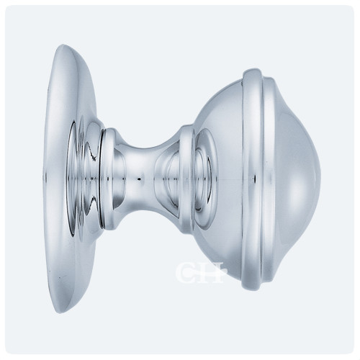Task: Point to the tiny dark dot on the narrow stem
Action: click(x=138, y=175)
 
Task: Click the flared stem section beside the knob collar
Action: click(x=166, y=176)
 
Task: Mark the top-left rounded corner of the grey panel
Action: click(x=9, y=9)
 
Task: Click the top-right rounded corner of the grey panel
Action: click(x=351, y=9)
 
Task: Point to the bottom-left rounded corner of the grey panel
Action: click(x=9, y=351)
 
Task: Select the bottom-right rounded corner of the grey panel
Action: click(x=351, y=351)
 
